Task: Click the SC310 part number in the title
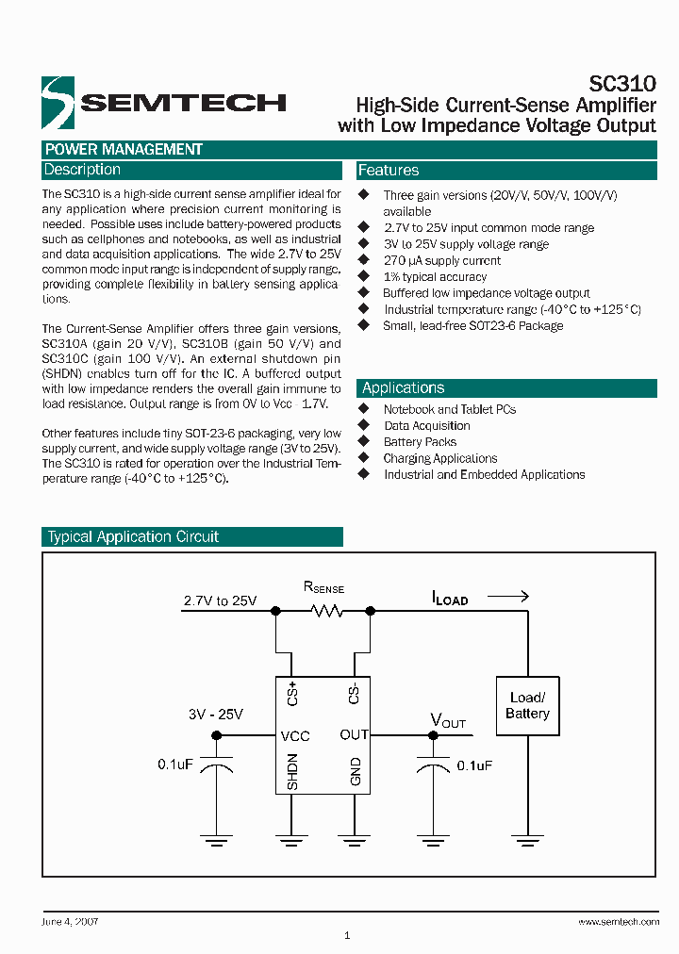pyautogui.click(x=622, y=84)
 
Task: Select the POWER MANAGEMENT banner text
pyautogui.click(x=124, y=149)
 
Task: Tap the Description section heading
pyautogui.click(x=83, y=170)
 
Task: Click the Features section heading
pyautogui.click(x=389, y=171)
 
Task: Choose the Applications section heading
pyautogui.click(x=404, y=388)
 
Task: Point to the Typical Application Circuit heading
pyautogui.click(x=133, y=537)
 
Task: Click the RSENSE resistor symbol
pyautogui.click(x=326, y=611)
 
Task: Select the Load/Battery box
pyautogui.click(x=527, y=706)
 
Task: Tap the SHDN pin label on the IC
pyautogui.click(x=292, y=771)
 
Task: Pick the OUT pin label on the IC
pyautogui.click(x=354, y=735)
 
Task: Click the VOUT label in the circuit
pyautogui.click(x=448, y=721)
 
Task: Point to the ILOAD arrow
pyautogui.click(x=509, y=596)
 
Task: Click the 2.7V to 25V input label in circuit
pyautogui.click(x=220, y=600)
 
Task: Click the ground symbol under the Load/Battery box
pyautogui.click(x=527, y=834)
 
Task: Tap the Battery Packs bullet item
pyautogui.click(x=420, y=442)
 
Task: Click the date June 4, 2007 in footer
pyautogui.click(x=71, y=921)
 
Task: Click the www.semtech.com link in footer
pyautogui.click(x=618, y=921)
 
